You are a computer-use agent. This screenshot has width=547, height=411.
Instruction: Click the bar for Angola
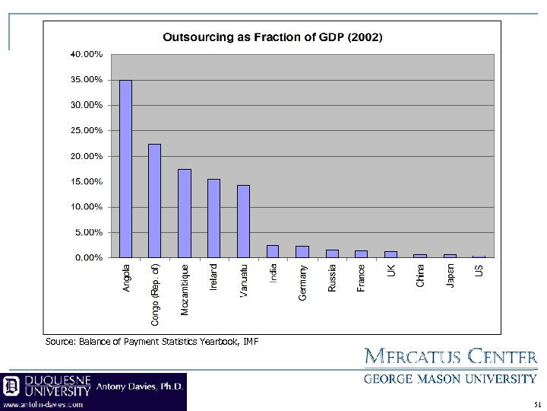(126, 169)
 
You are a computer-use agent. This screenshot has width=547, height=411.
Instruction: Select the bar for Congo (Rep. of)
(155, 201)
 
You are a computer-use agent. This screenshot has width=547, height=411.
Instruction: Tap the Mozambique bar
(185, 213)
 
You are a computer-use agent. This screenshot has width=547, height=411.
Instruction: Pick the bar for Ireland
(213, 218)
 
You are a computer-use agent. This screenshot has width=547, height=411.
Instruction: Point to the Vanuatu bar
(243, 221)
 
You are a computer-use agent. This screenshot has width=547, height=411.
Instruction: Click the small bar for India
(273, 251)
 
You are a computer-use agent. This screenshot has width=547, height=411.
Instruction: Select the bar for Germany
(302, 252)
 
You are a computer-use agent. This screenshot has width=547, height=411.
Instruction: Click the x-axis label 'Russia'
(332, 278)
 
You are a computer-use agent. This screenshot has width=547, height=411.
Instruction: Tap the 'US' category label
(479, 270)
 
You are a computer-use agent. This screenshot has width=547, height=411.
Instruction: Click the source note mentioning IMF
(153, 342)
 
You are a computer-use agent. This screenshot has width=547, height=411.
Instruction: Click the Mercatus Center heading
(451, 357)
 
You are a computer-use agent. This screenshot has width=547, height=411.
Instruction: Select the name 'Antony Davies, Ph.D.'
(140, 386)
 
